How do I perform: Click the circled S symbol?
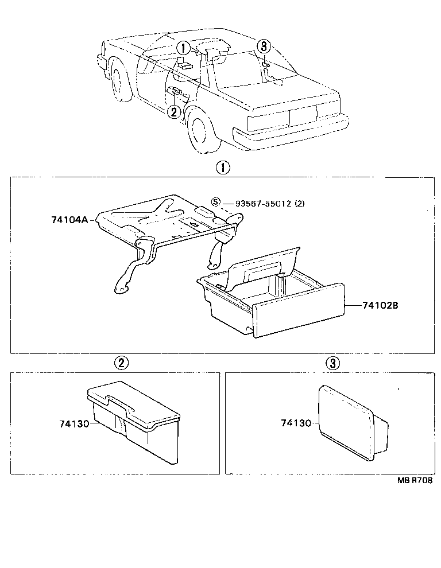click(216, 203)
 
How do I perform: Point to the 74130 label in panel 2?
click(74, 424)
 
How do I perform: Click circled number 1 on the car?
click(182, 48)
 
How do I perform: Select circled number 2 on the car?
click(175, 111)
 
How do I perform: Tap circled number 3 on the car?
click(263, 46)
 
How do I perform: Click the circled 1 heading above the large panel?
click(222, 168)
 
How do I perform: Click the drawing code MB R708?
click(413, 481)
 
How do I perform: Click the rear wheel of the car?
click(199, 131)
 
